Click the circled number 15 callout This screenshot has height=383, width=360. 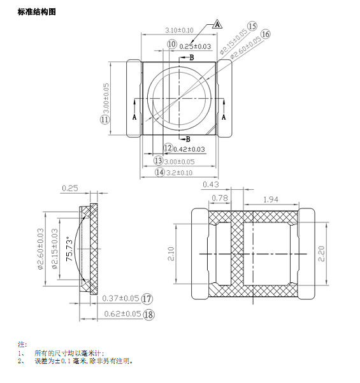pyautogui.click(x=252, y=25)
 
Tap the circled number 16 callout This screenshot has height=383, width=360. pyautogui.click(x=266, y=34)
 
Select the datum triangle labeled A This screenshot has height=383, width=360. pyautogui.click(x=217, y=24)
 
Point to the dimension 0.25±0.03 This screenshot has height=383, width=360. pyautogui.click(x=195, y=47)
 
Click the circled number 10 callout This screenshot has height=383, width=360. pyautogui.click(x=172, y=44)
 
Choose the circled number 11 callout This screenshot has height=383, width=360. pyautogui.click(x=104, y=119)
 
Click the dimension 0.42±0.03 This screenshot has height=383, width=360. pyautogui.click(x=189, y=149)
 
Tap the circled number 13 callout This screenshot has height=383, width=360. pyautogui.click(x=159, y=161)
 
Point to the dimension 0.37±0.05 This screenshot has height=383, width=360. pyautogui.click(x=120, y=298)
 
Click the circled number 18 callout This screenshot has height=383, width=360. pyautogui.click(x=148, y=314)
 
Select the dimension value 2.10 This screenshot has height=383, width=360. pyautogui.click(x=171, y=254)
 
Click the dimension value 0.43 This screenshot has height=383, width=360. pyautogui.click(x=210, y=184)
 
